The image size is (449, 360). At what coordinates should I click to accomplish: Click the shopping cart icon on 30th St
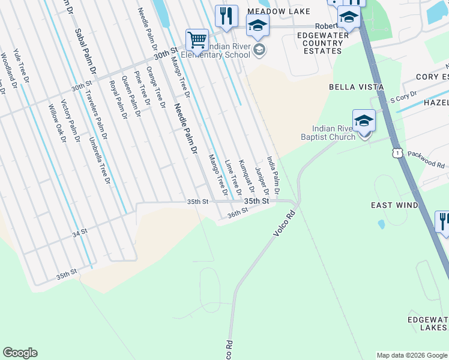[197, 40]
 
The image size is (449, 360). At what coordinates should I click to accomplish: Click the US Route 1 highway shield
[397, 154]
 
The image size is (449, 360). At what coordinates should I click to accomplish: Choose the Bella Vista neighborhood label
[356, 87]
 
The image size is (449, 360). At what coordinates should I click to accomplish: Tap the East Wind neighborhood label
[394, 205]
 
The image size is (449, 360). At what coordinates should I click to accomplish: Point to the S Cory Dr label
[403, 98]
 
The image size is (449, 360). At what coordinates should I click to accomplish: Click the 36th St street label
[238, 213]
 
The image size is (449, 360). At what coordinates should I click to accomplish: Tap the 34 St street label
[80, 231]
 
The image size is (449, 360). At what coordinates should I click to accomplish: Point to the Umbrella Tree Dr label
[100, 162]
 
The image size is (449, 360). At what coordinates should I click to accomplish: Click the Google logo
[20, 353]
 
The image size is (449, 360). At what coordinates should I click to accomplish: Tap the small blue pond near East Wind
[381, 224]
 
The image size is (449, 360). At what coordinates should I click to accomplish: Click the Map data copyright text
[412, 355]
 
